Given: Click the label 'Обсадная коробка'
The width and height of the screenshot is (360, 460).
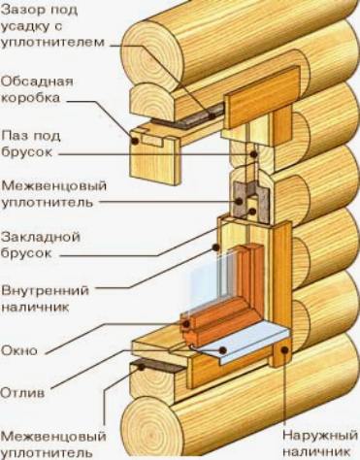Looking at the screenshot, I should [x=36, y=88].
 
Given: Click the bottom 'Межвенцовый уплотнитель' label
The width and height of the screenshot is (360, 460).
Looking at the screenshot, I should [x=49, y=442].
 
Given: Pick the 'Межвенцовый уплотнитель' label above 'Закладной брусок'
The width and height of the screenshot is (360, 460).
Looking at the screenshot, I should [x=49, y=193].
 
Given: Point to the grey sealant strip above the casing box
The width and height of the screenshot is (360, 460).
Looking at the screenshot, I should [x=200, y=107].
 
